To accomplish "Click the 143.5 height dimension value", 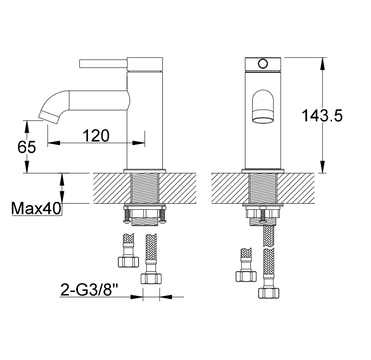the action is tap(322, 116).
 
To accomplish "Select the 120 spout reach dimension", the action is tap(96, 136).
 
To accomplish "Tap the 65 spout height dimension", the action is tap(27, 147).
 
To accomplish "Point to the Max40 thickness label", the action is tap(36, 208).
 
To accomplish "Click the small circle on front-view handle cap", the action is tap(263, 64).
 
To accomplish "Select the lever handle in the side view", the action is tap(103, 64).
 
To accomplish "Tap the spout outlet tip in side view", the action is tap(49, 117).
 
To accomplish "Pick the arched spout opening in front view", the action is tap(263, 107).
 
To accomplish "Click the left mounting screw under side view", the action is tap(127, 214).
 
